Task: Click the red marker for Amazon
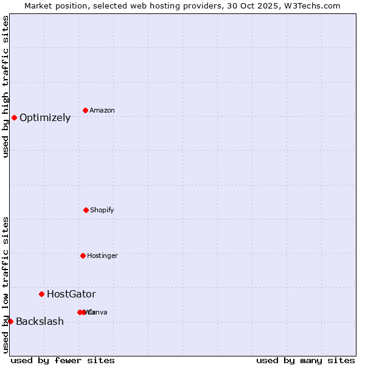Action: tap(86, 110)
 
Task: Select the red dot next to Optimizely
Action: tap(14, 117)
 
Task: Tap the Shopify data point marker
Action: tap(86, 210)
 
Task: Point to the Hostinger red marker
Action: tap(83, 255)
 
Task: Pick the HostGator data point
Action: tap(41, 294)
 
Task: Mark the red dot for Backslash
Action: tap(10, 321)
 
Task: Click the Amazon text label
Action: tap(102, 110)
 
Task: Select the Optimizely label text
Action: tap(45, 118)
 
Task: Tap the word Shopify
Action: tap(102, 210)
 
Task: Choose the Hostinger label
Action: tap(102, 255)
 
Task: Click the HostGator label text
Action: tap(71, 294)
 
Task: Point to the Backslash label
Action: tap(40, 322)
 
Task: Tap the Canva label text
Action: tap(97, 312)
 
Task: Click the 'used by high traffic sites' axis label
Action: tap(5, 86)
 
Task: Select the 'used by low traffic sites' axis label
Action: tap(5, 285)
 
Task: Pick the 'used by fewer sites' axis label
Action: tap(63, 360)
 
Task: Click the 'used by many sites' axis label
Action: tap(305, 360)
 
